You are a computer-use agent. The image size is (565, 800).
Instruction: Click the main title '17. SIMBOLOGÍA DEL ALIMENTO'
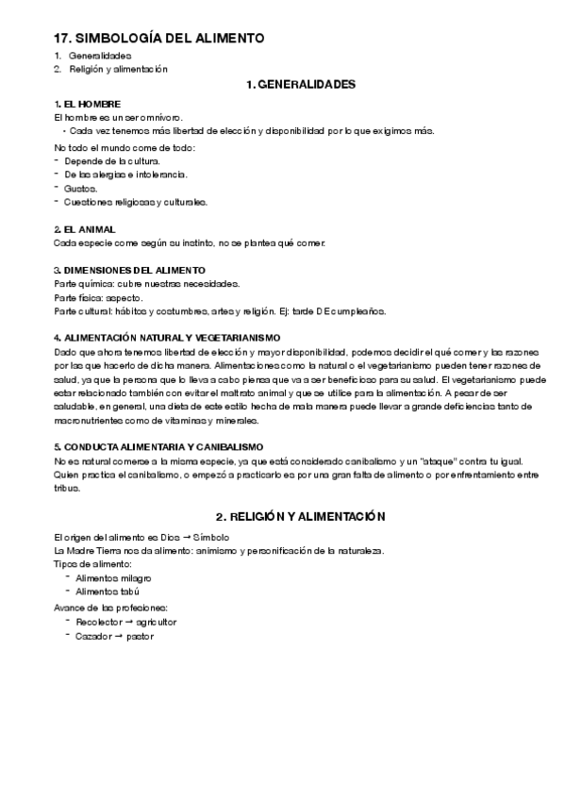coord(159,38)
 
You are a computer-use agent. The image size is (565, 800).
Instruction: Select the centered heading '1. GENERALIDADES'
coord(299,85)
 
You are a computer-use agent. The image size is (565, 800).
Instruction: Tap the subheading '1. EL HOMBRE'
coord(88,103)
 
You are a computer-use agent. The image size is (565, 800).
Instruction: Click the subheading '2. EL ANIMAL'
coord(85,229)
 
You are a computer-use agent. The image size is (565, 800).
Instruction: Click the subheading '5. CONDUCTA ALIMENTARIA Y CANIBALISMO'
coord(158,446)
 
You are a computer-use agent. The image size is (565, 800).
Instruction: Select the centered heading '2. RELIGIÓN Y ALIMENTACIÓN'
coord(301,518)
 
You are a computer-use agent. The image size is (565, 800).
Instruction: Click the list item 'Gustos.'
coord(81,189)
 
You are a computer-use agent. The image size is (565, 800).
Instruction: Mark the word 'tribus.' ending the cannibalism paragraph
coord(69,488)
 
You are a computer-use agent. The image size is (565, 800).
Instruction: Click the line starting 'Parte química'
coord(146,284)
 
